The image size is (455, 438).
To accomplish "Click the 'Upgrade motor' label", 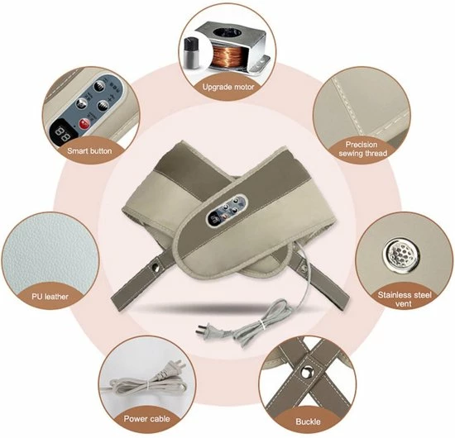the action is pyautogui.click(x=228, y=87).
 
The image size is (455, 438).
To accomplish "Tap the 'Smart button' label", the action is pyautogui.click(x=89, y=151).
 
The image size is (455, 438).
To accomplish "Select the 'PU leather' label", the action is pyautogui.click(x=50, y=297).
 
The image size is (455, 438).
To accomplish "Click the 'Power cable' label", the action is pyautogui.click(x=146, y=418).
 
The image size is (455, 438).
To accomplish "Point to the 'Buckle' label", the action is pyautogui.click(x=308, y=421).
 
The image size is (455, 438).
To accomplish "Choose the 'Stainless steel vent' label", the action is pyautogui.click(x=405, y=299).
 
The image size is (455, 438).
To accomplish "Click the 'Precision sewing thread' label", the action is pyautogui.click(x=362, y=149).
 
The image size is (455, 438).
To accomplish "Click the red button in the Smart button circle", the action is pyautogui.click(x=85, y=124).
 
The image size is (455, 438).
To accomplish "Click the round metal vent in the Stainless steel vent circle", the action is pyautogui.click(x=401, y=253).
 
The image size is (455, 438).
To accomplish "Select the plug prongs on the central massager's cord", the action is pyautogui.click(x=200, y=329).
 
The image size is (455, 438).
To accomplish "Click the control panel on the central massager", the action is pyautogui.click(x=227, y=210).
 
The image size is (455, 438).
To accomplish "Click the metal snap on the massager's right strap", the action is pyautogui.click(x=304, y=265).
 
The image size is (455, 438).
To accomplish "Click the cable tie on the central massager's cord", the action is pyautogui.click(x=262, y=325).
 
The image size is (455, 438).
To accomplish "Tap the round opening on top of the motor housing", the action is pyautogui.click(x=227, y=34).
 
